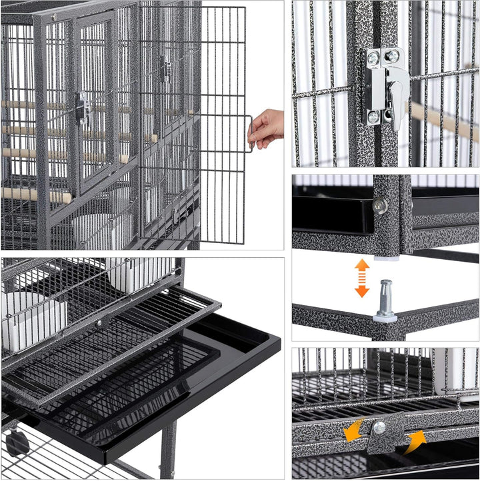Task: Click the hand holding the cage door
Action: tap(267, 127)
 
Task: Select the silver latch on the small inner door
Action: tap(83, 108)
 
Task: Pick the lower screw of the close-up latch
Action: tap(373, 117)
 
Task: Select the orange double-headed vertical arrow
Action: tap(362, 278)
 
